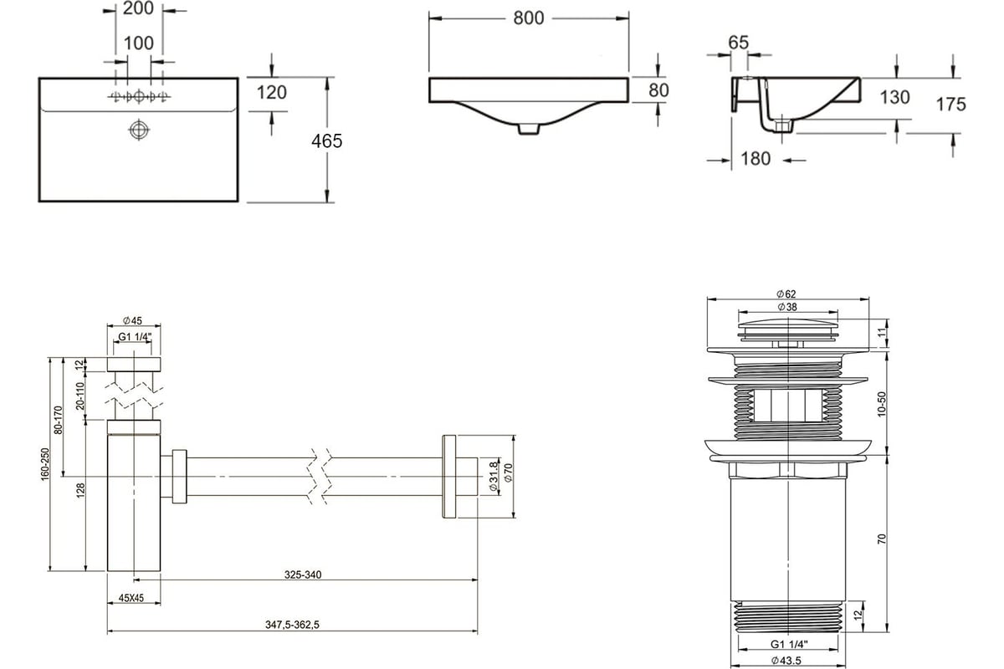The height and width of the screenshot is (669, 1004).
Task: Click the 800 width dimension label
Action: pyautogui.click(x=529, y=18)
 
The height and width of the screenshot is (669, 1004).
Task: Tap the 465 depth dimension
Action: pyautogui.click(x=327, y=141)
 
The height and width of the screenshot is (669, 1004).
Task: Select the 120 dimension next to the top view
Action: pyautogui.click(x=272, y=92)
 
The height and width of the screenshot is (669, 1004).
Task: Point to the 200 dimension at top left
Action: pyautogui.click(x=138, y=8)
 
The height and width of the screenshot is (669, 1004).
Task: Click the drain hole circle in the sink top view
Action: pyautogui.click(x=139, y=130)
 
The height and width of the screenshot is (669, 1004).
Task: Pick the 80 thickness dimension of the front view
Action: pyautogui.click(x=658, y=90)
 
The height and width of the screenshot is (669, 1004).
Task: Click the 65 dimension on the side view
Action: pyautogui.click(x=738, y=43)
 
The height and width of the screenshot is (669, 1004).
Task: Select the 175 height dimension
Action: pyautogui.click(x=950, y=105)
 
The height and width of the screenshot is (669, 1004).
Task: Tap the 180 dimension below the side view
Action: pyautogui.click(x=756, y=159)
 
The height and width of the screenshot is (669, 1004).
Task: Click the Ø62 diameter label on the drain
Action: pyautogui.click(x=786, y=294)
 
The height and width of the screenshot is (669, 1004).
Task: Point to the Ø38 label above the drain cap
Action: pyautogui.click(x=787, y=307)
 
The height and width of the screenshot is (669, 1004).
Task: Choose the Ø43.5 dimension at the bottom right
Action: pyautogui.click(x=786, y=661)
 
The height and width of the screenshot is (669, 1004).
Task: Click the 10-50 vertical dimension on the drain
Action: pyautogui.click(x=882, y=404)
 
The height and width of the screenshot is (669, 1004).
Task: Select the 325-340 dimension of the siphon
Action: pyautogui.click(x=303, y=575)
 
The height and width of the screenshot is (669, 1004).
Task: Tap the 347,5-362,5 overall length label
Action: pyautogui.click(x=292, y=625)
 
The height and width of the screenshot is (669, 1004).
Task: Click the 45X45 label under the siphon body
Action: pyautogui.click(x=131, y=598)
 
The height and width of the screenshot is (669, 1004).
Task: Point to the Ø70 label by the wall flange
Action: pyautogui.click(x=509, y=472)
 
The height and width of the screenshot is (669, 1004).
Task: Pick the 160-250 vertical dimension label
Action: pyautogui.click(x=45, y=464)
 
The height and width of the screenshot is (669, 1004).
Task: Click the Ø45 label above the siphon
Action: pyautogui.click(x=132, y=320)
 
